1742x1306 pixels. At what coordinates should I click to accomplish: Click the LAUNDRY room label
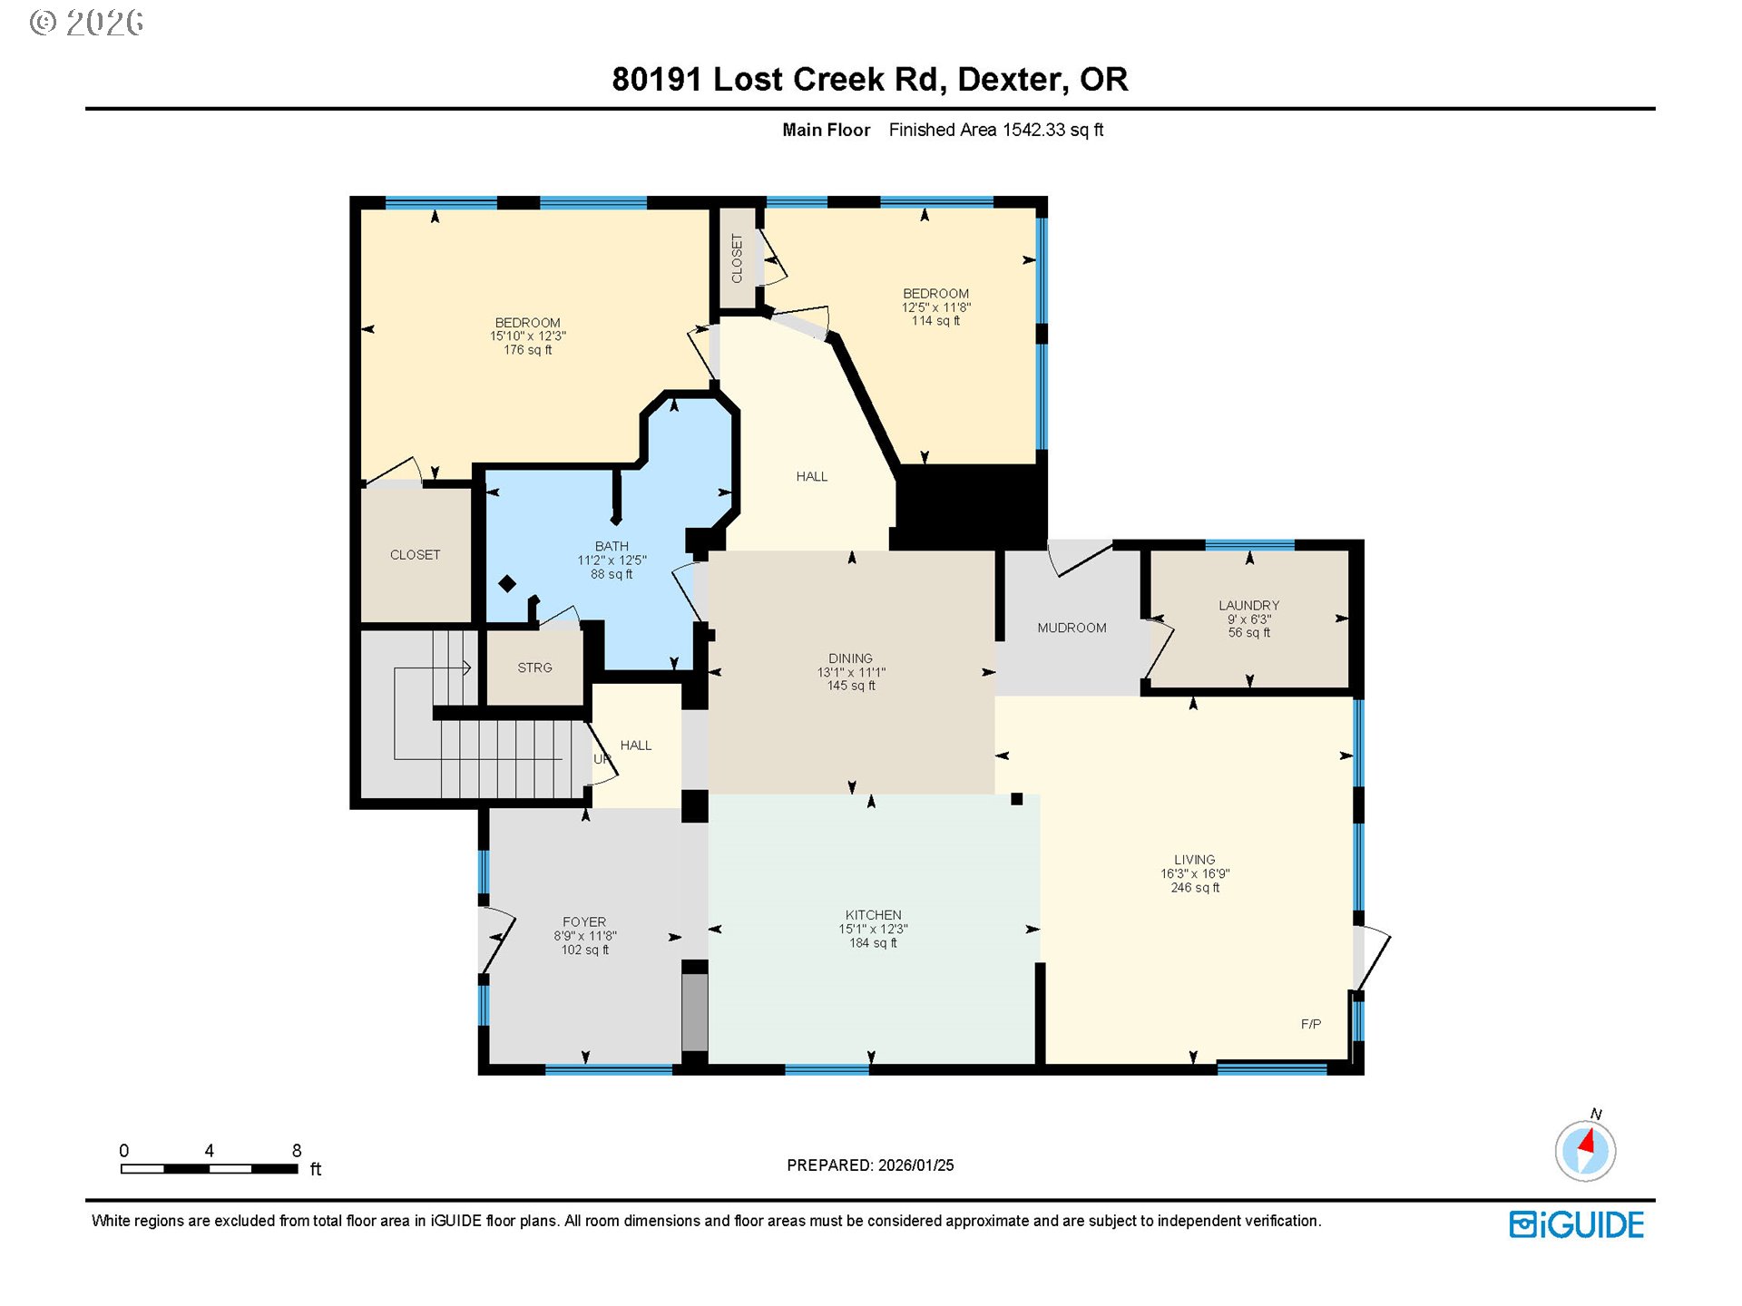pyautogui.click(x=1248, y=605)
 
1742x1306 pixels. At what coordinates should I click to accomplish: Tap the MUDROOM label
pyautogui.click(x=1072, y=628)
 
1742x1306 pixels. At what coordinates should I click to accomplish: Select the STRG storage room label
pyautogui.click(x=534, y=668)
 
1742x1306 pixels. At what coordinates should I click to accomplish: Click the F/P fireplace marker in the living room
pyautogui.click(x=1310, y=1024)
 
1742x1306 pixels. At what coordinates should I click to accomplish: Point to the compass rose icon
pyautogui.click(x=1585, y=1151)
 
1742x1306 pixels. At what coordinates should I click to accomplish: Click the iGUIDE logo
pyautogui.click(x=1576, y=1224)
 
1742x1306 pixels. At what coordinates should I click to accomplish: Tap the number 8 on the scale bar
pyautogui.click(x=297, y=1150)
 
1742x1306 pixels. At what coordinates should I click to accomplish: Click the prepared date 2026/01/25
pyautogui.click(x=915, y=1165)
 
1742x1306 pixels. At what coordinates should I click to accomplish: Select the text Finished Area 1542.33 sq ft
pyautogui.click(x=995, y=130)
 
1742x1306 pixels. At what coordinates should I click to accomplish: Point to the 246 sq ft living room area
pyautogui.click(x=1194, y=888)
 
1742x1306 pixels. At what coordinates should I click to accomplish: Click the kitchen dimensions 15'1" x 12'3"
pyautogui.click(x=873, y=929)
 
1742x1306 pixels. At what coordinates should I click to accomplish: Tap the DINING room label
pyautogui.click(x=850, y=658)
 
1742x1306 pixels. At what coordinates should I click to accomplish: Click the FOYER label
pyautogui.click(x=584, y=921)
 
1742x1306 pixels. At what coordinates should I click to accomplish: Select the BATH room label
pyautogui.click(x=612, y=546)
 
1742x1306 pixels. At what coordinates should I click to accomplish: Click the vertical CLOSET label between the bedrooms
pyautogui.click(x=737, y=258)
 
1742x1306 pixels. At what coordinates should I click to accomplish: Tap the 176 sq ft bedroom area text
pyautogui.click(x=527, y=350)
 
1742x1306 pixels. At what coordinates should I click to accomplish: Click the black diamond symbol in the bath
pyautogui.click(x=507, y=584)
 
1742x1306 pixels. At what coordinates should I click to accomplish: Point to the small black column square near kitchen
pyautogui.click(x=1016, y=799)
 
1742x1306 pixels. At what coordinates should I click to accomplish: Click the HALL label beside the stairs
pyautogui.click(x=635, y=746)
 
